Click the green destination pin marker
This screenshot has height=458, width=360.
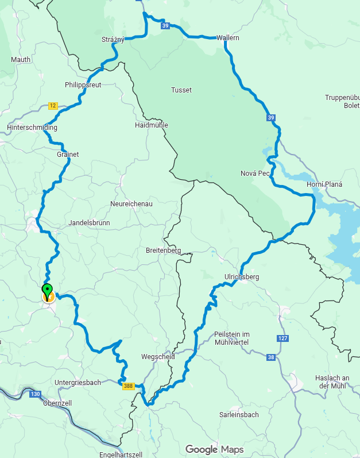[48, 290]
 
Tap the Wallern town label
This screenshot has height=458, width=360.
[228, 38]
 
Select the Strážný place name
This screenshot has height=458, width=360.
[113, 39]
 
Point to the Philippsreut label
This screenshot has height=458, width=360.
[83, 85]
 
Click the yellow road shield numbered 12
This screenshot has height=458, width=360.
[53, 106]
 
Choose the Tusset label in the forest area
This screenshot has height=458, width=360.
[181, 90]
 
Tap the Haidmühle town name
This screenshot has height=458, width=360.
[151, 125]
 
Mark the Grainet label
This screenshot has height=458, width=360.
[68, 154]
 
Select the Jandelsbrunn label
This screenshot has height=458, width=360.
[89, 222]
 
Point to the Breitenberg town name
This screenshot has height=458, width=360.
[164, 251]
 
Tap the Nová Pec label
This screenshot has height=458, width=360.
[256, 174]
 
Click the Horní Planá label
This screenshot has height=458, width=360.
[324, 184]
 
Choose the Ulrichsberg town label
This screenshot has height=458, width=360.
[242, 277]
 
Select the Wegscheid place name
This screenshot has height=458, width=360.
[158, 357]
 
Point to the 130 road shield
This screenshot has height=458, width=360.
[36, 394]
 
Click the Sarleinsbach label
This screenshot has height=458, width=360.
[239, 414]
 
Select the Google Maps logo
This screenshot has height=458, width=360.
[214, 449]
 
